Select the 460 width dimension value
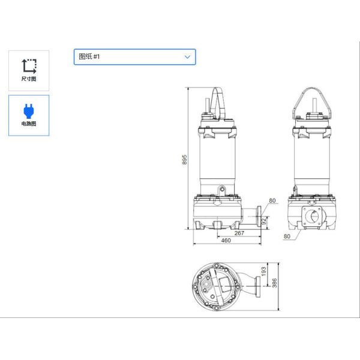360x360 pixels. [226, 241]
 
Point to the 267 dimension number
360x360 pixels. [239, 233]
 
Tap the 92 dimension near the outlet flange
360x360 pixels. [263, 220]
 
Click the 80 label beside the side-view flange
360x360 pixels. [272, 201]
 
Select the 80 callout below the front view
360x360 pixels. [286, 236]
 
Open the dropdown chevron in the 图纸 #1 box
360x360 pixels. [188, 57]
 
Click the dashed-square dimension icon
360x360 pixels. [28, 65]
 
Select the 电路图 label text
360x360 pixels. [28, 124]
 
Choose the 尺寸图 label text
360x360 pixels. [28, 79]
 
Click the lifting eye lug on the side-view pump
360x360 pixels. [221, 191]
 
